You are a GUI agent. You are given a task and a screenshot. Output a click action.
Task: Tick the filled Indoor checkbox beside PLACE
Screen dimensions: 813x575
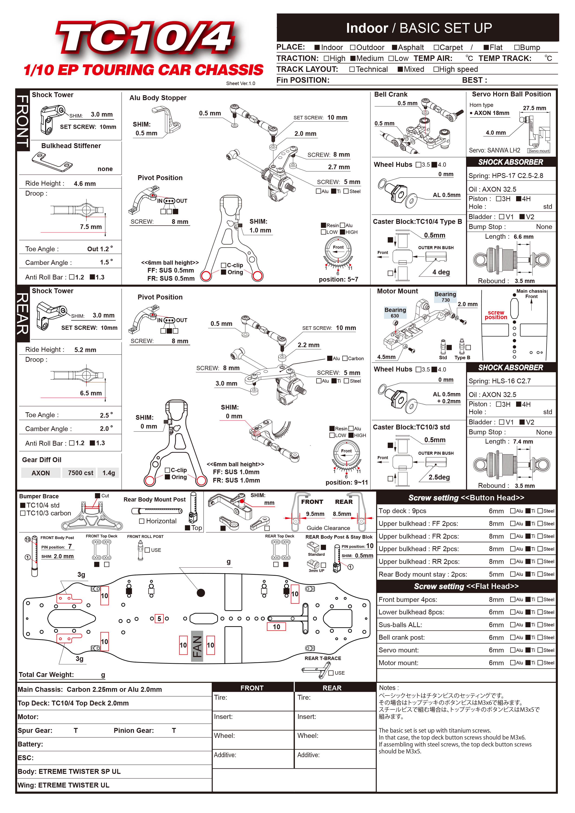pos(317,48)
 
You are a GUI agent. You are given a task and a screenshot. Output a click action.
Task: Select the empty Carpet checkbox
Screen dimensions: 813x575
pos(437,48)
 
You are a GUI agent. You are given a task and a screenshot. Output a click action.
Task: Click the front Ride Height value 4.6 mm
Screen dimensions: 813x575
pos(85,183)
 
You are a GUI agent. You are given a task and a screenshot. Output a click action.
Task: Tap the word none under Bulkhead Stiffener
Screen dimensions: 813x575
pos(105,169)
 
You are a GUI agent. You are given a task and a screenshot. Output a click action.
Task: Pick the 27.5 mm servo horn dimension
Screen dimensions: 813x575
pos(534,108)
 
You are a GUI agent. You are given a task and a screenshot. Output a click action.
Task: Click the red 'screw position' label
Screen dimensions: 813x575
pos(496,315)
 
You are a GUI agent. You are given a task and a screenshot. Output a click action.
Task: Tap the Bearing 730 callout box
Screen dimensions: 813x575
pos(445,297)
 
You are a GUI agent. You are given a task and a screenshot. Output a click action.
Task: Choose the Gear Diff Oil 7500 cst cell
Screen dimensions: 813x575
pos(80,473)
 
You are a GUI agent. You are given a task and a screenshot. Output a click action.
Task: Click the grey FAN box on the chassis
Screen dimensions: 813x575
pos(197,646)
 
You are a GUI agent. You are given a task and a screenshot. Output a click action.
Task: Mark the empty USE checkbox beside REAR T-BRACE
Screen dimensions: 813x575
pos(331,673)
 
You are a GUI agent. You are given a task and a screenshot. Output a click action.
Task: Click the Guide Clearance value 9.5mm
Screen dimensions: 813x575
pos(315,514)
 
